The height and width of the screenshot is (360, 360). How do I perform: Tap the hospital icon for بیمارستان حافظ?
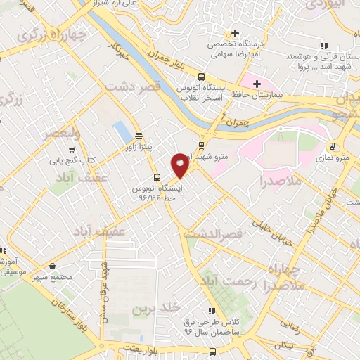tap(257, 84)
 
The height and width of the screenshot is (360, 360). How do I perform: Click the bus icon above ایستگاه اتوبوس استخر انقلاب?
tap(202, 77)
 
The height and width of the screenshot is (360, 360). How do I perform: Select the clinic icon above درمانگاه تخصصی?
tap(235, 33)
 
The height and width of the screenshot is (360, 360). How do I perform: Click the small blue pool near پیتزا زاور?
tap(122, 131)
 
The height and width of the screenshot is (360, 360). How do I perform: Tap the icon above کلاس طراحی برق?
tap(210, 311)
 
